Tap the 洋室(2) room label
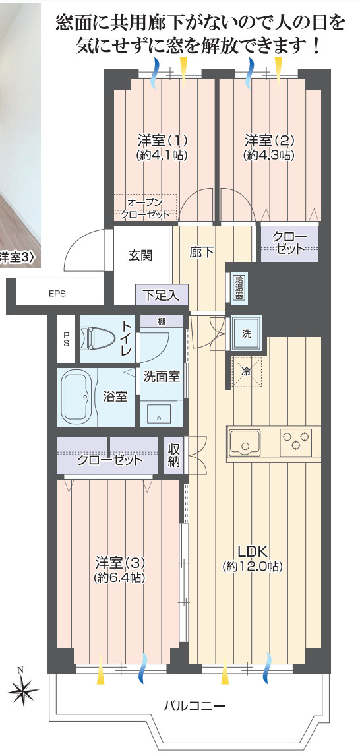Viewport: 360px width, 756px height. (x=269, y=147)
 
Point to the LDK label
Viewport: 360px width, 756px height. (x=253, y=558)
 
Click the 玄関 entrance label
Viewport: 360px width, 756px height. (x=140, y=255)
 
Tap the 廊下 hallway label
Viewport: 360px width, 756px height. (x=201, y=252)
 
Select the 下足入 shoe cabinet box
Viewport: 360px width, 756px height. (x=162, y=294)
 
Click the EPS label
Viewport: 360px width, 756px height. (x=57, y=294)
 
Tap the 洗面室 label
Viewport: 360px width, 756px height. (x=162, y=377)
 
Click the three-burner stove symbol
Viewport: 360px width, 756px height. (x=297, y=441)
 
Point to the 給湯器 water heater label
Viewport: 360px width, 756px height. (x=239, y=287)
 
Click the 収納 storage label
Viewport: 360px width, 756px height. (x=173, y=455)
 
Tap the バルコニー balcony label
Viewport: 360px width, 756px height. (x=195, y=706)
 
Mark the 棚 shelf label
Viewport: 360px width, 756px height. (x=162, y=321)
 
